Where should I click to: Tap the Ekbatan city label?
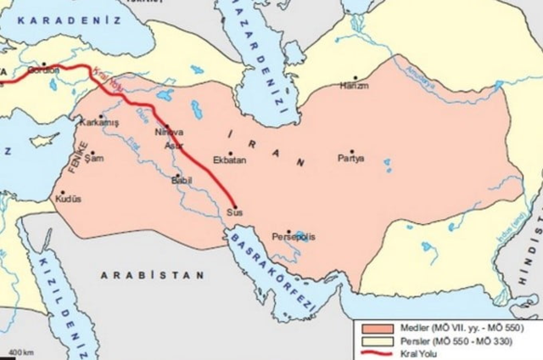click(230, 160)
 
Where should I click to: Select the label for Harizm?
click(354, 87)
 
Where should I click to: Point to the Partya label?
click(350, 159)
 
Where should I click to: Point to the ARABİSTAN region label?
click(152, 276)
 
